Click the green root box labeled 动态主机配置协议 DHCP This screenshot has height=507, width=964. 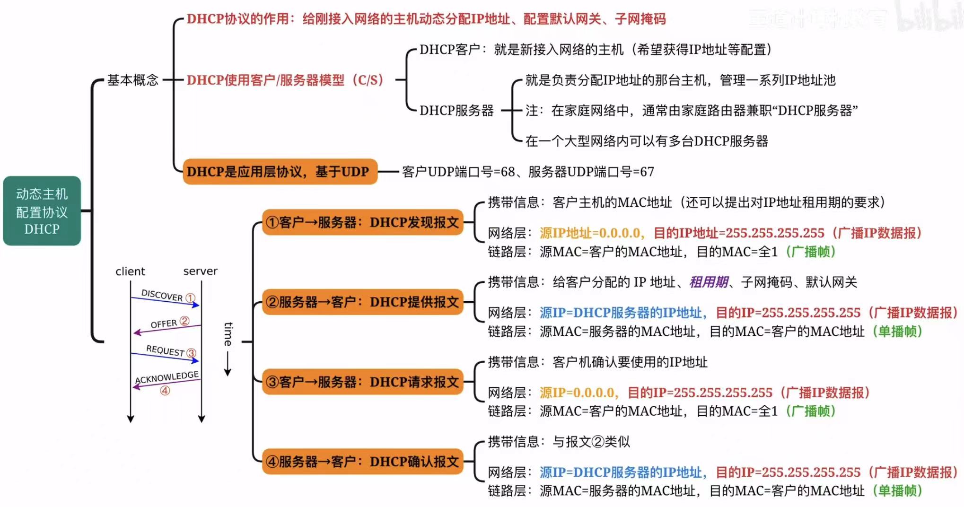42,211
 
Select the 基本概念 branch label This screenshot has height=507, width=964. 132,80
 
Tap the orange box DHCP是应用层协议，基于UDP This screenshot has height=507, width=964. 280,172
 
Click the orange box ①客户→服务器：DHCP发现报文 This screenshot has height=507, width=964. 362,222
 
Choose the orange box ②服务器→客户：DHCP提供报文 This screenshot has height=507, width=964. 362,302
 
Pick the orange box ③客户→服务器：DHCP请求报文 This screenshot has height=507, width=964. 362,382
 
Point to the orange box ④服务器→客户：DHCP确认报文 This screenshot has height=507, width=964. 362,462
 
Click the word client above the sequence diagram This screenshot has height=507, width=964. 130,271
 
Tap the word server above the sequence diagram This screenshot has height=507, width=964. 201,271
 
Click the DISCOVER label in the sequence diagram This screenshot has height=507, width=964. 162,295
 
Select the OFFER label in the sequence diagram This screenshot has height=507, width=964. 164,324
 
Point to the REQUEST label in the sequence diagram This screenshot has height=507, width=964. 165,350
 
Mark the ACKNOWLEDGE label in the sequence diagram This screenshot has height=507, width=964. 167,377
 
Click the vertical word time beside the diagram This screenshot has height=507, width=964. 228,334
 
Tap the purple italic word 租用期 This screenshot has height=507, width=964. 709,282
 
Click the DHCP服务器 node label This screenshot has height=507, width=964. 456,111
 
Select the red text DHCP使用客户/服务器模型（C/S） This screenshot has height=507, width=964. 285,80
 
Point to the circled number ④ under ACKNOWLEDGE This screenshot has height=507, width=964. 165,391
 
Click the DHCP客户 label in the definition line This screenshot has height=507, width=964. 449,50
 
